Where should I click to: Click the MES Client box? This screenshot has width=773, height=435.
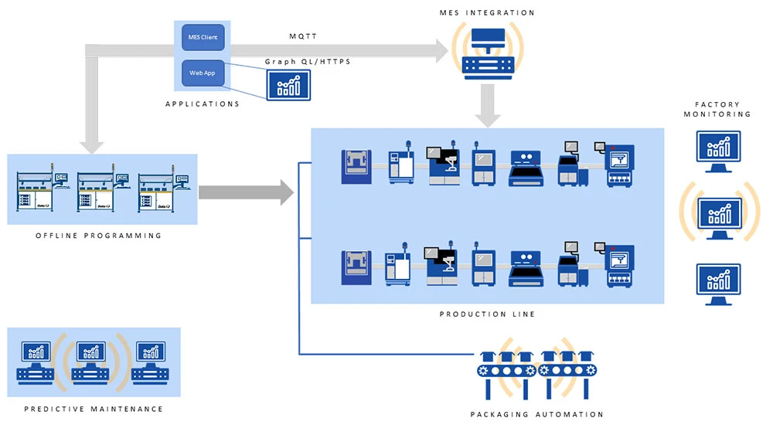tap(203, 37)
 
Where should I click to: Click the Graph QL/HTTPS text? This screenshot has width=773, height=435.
tap(308, 61)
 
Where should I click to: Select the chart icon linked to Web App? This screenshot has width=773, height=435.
tap(288, 84)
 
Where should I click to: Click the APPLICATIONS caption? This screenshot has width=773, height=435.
tap(203, 104)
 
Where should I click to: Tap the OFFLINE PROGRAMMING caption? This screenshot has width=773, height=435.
tap(99, 236)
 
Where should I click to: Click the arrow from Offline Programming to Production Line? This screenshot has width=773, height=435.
tap(246, 190)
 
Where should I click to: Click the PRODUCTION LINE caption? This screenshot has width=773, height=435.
tap(487, 314)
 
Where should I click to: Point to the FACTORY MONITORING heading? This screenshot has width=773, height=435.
tap(717, 109)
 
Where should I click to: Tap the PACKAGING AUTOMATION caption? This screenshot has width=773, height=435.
tap(536, 414)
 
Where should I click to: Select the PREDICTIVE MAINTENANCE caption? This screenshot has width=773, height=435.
tap(94, 409)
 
